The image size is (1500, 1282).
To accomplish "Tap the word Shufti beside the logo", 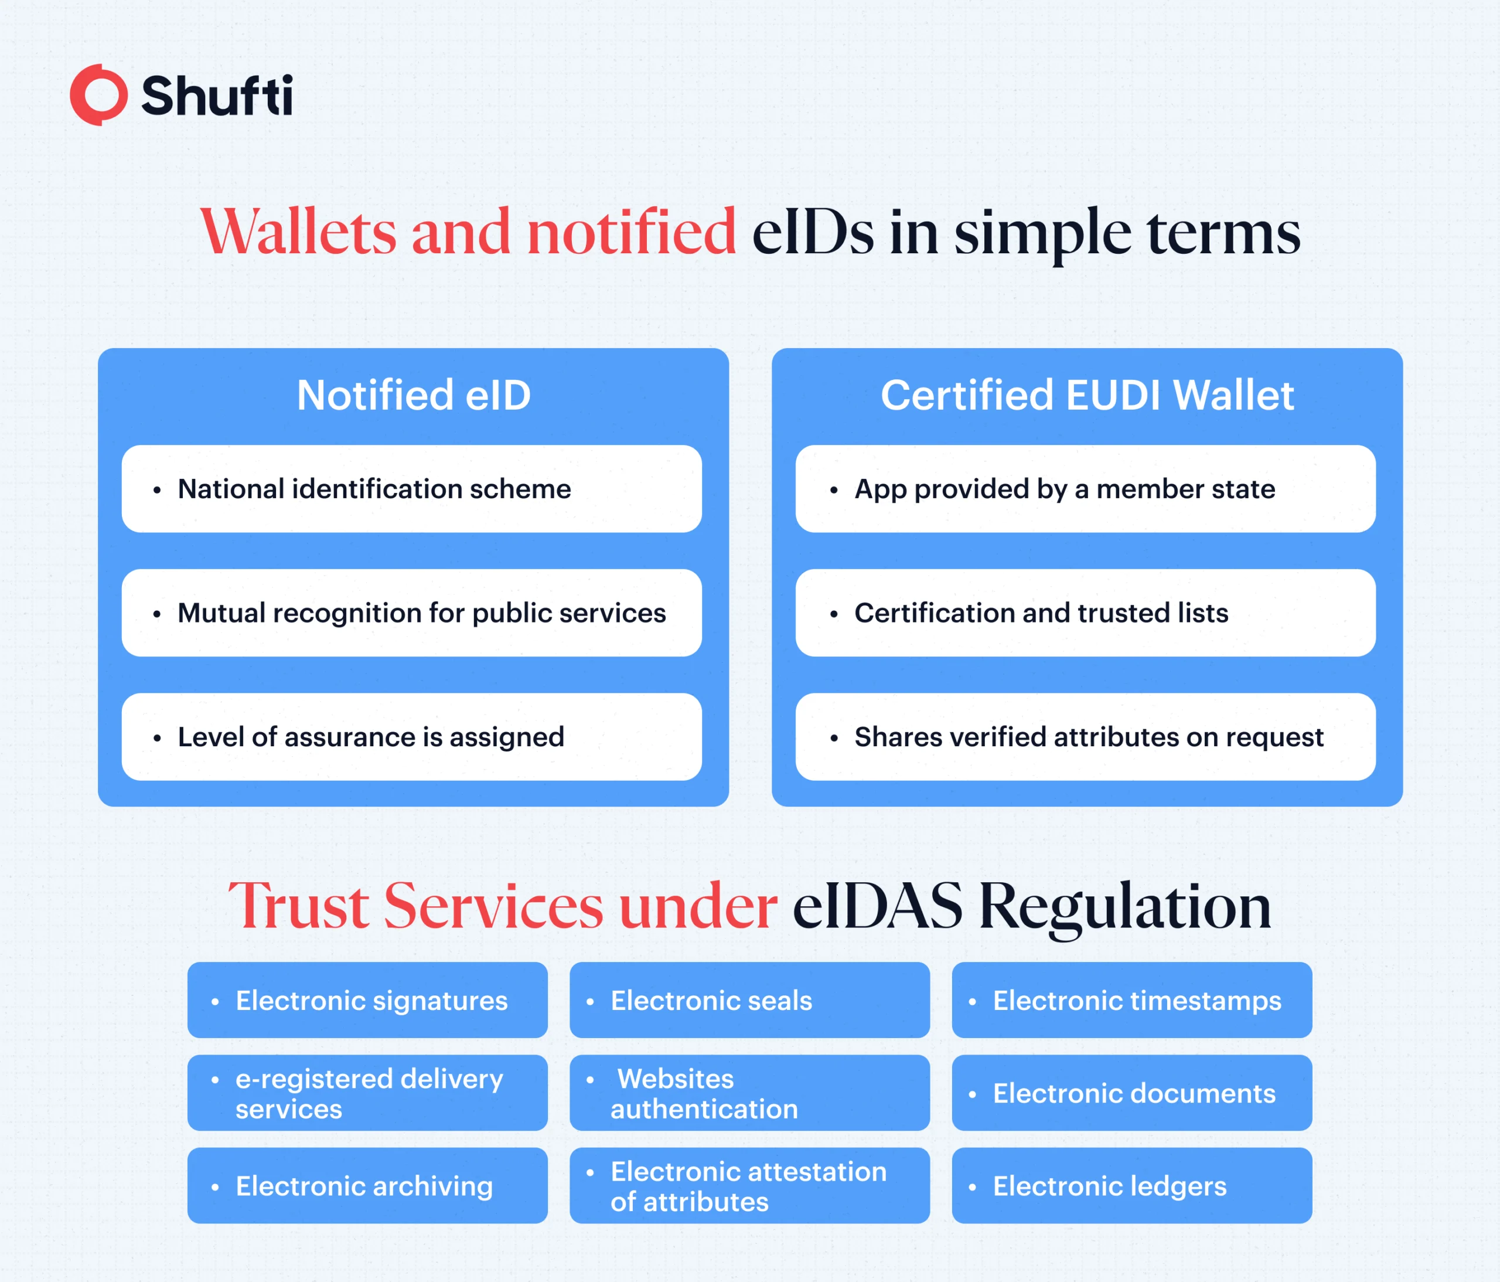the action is (217, 95).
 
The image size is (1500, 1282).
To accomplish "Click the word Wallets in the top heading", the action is (298, 232).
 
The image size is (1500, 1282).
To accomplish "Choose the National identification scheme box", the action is (411, 489).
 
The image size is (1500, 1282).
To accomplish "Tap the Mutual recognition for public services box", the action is (411, 613).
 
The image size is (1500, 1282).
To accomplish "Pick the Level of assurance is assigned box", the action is (411, 737).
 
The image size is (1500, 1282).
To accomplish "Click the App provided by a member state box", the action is (1085, 489).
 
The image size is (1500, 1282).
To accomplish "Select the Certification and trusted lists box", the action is (1085, 613).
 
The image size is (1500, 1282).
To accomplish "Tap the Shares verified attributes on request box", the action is (1085, 737).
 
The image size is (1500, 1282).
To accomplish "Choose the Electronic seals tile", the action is (749, 1000).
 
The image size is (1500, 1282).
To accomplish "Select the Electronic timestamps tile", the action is (1131, 1000).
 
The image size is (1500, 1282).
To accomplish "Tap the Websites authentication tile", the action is (749, 1093).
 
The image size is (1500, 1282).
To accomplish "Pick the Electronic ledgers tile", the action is (1131, 1186).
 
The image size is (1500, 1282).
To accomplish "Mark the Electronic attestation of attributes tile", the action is (749, 1186).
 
